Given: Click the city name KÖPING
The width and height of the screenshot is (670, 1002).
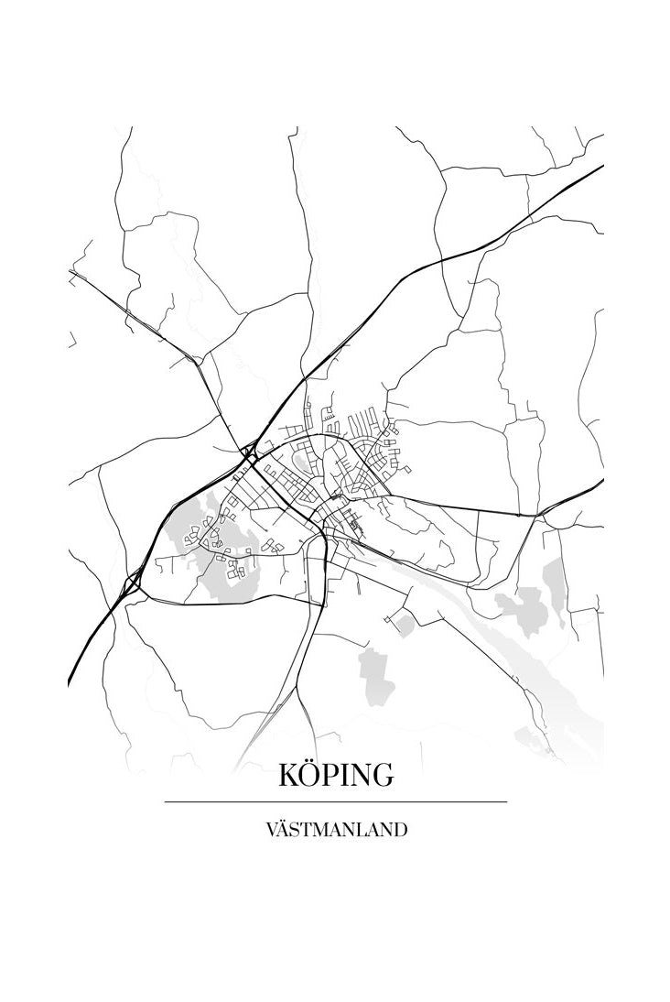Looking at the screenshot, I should (336, 776).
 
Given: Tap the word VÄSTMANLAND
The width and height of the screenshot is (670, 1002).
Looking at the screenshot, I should (336, 831).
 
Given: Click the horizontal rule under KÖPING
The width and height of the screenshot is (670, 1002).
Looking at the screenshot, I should (336, 801).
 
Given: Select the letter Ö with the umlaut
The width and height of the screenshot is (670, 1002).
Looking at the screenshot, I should (311, 776).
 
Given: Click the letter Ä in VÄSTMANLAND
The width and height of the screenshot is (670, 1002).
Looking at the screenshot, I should (284, 831).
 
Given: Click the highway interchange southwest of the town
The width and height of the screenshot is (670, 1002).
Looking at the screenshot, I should (135, 580).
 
